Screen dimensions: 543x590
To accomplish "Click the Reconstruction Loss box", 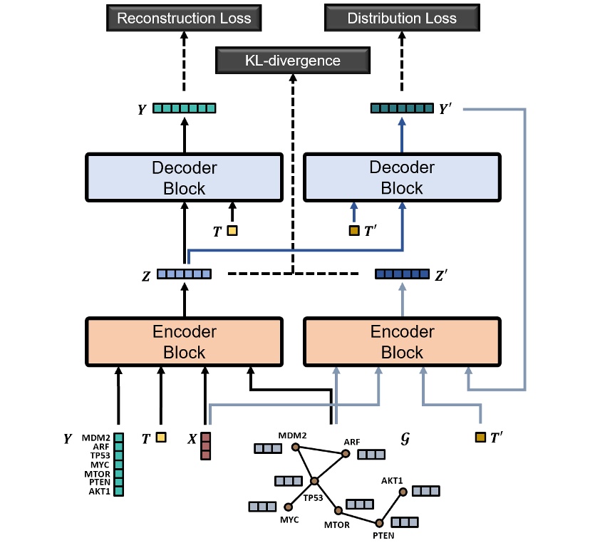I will point(185,18).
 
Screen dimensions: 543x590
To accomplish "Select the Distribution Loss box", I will point(402,18).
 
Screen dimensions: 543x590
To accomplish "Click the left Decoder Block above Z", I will point(184,178).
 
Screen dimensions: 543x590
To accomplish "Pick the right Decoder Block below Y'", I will point(402,178).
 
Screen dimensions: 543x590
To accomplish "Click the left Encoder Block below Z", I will point(184,342).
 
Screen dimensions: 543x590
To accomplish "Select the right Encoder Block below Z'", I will point(402,342).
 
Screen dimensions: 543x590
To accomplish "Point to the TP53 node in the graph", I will point(313,482).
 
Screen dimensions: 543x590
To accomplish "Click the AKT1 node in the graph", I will point(403,492).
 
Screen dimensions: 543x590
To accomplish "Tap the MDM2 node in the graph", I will point(295,448).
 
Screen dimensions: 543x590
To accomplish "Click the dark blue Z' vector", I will point(402,274).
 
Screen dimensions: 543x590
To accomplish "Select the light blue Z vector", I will point(184,274).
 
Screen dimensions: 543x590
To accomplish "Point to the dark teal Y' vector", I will point(402,108).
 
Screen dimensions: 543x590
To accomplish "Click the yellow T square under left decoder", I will point(232,230).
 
